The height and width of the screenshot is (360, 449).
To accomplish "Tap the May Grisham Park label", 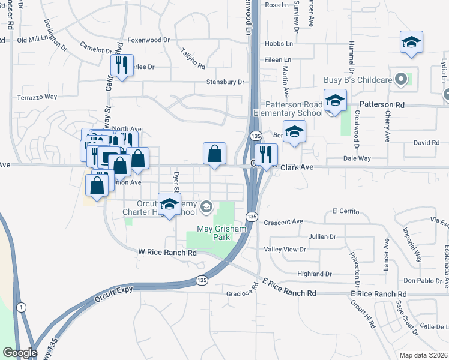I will [x=214, y=233].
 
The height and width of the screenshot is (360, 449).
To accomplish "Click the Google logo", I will [x=19, y=353].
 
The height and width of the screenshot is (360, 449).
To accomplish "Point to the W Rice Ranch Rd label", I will [x=167, y=253].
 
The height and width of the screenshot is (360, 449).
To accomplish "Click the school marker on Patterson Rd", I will [x=335, y=100].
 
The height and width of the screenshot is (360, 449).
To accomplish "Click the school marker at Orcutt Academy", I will [x=170, y=204].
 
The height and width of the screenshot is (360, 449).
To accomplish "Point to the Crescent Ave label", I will [x=283, y=221].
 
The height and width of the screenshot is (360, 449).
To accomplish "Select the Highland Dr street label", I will [x=315, y=274].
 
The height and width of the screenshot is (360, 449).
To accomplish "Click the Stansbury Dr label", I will [x=225, y=82].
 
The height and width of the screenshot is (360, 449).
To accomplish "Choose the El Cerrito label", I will [x=345, y=212].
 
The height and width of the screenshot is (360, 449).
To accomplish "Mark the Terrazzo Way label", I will [x=37, y=97].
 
